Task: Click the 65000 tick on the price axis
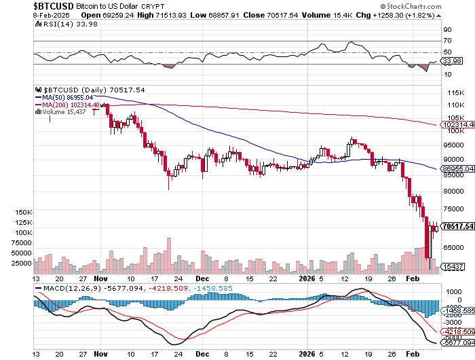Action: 454,249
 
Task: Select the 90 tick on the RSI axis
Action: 449,30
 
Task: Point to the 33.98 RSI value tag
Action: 451,60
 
